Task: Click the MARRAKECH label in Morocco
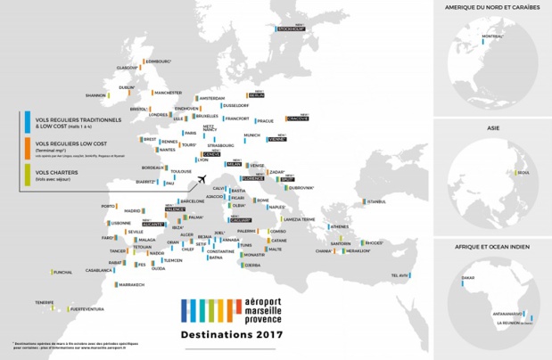tap(130, 284)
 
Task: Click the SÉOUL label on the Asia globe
tap(523, 173)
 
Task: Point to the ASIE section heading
tap(491, 128)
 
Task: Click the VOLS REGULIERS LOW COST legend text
tap(60, 143)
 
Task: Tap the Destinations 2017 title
tap(231, 335)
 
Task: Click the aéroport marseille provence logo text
tap(246, 308)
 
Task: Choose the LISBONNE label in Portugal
tap(96, 223)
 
